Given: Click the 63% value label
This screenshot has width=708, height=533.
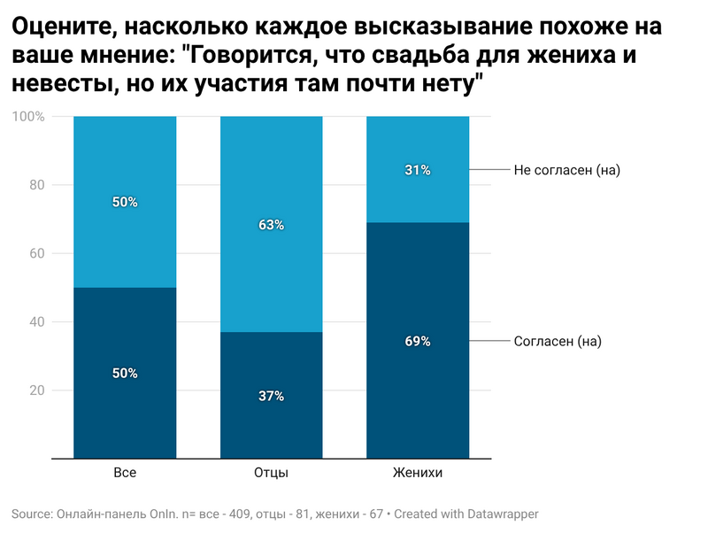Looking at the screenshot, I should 271,226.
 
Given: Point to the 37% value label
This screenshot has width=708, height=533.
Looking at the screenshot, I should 271,396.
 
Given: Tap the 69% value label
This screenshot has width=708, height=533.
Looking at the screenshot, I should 418,341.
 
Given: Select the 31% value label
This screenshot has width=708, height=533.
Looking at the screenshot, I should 418,170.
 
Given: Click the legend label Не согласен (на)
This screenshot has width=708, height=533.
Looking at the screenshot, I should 566,170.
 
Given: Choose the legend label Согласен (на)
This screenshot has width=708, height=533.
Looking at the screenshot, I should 558,341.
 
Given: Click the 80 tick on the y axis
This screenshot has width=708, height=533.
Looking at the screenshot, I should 37,185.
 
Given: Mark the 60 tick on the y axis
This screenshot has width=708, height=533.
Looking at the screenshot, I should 37,253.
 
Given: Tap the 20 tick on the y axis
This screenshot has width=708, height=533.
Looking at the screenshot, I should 37,390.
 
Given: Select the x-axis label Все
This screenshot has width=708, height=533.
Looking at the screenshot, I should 125,474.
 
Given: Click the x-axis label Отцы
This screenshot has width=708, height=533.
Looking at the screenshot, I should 271,474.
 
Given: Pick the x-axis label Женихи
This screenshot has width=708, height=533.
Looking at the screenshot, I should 418,474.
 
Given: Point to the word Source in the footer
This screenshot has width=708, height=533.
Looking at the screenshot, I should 31,514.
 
